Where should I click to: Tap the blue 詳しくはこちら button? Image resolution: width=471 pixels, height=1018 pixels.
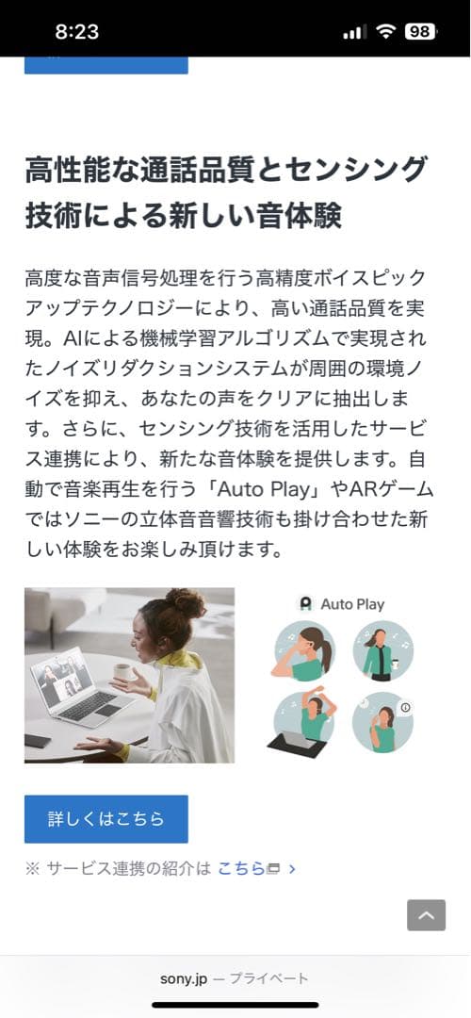click(x=106, y=818)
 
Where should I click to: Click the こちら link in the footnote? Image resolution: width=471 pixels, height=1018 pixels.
click(x=241, y=868)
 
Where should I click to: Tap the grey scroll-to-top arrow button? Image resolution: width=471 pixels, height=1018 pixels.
click(x=426, y=914)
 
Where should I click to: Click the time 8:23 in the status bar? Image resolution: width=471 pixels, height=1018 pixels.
click(x=77, y=31)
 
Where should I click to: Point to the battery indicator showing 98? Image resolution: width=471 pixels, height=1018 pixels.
click(x=419, y=31)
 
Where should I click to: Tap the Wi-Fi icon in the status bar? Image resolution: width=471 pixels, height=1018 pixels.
click(x=384, y=31)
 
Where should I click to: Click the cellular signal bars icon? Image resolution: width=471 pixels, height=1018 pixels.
click(x=354, y=32)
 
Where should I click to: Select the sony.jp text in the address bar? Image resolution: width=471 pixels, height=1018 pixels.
click(x=183, y=978)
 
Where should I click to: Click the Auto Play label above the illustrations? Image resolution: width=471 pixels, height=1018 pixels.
click(x=352, y=604)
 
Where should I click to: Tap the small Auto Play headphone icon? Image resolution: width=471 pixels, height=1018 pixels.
click(x=305, y=604)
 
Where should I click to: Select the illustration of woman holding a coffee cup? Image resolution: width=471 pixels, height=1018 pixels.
click(x=382, y=650)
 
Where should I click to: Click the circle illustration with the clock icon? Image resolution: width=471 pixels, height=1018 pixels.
click(x=382, y=722)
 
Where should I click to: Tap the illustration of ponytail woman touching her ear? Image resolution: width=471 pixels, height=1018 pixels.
click(x=303, y=650)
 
